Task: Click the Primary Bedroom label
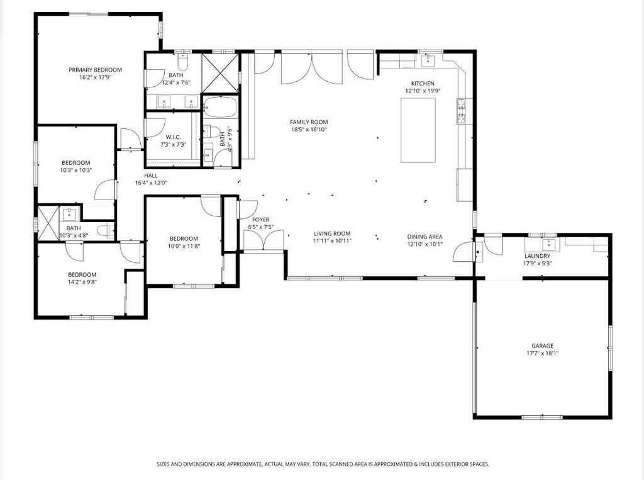[96, 70]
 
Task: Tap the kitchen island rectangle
[418, 130]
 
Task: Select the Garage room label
[543, 346]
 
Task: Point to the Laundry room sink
[548, 245]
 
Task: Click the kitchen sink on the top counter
[428, 60]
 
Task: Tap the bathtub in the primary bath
[220, 107]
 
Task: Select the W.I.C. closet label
[174, 137]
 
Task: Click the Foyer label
[261, 220]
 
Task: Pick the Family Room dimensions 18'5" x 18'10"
[309, 130]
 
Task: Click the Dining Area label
[425, 237]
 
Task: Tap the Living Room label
[332, 233]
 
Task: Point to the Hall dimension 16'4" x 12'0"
[151, 183]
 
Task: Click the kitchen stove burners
[461, 111]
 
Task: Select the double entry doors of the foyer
[264, 240]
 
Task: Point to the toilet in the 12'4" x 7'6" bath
[183, 62]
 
